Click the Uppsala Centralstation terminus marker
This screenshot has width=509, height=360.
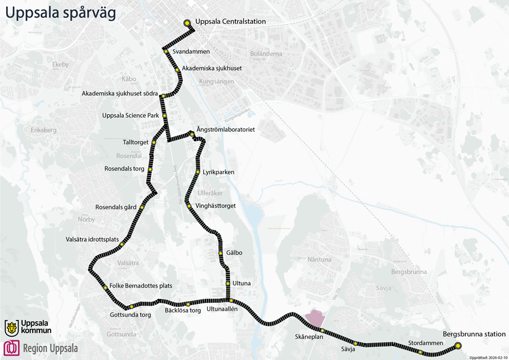click(x=187, y=23)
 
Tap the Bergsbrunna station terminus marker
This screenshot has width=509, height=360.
click(x=458, y=345)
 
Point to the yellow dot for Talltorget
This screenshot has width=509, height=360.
click(x=153, y=142)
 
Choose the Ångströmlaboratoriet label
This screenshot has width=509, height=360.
click(x=225, y=130)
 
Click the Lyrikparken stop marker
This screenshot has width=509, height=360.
click(x=197, y=172)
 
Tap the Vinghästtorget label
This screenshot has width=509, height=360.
click(x=215, y=206)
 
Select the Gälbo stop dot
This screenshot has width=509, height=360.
click(x=221, y=253)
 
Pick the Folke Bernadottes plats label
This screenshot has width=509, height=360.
click(x=141, y=286)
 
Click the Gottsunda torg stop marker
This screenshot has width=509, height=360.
click(x=131, y=307)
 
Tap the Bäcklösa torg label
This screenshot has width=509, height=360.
click(x=183, y=311)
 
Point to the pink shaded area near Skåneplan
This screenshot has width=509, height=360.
click(x=312, y=320)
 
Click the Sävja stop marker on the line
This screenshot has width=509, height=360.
click(x=356, y=343)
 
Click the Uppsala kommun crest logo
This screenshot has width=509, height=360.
click(x=11, y=327)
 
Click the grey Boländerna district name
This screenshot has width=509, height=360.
click(x=265, y=54)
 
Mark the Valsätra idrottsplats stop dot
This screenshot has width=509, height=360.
click(x=122, y=244)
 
